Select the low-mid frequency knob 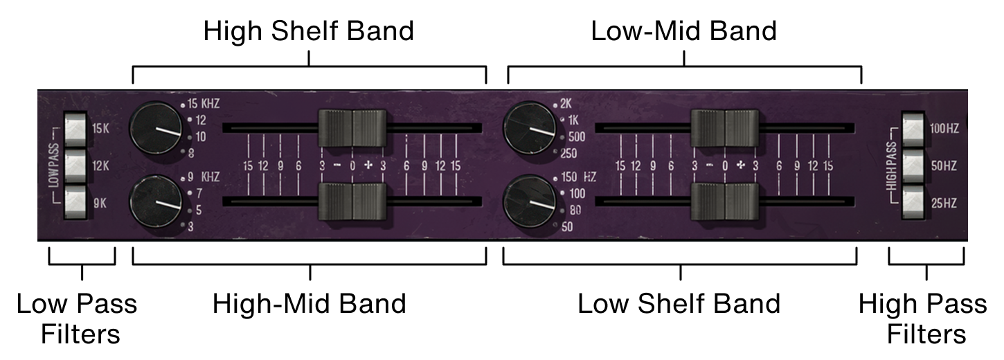click(x=530, y=128)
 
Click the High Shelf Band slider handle click(x=353, y=127)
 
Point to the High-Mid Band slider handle click(x=353, y=201)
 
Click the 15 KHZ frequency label click(x=204, y=105)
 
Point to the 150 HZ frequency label click(x=579, y=177)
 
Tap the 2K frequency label click(x=565, y=105)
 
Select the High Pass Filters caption click(x=926, y=319)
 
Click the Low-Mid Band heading click(x=683, y=32)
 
